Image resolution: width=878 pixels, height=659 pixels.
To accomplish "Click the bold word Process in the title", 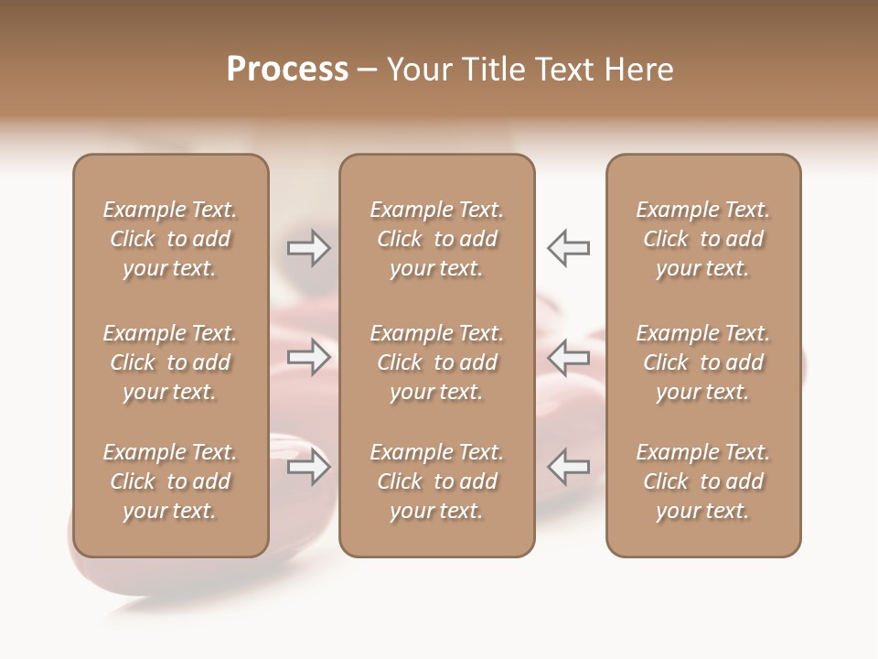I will pos(287,70).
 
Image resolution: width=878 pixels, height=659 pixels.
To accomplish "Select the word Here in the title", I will pos(637,70).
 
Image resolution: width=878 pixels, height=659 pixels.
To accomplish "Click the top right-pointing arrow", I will pos(308,248).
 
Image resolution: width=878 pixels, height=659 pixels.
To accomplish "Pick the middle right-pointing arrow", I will pos(308,357).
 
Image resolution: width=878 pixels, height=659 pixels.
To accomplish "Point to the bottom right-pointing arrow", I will pos(308,467).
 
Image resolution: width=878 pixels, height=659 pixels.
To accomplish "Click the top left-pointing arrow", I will pos(569,248).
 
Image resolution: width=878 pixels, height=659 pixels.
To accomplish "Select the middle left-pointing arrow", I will pos(569,357).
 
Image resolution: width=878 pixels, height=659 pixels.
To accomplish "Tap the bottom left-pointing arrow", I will pos(569,467).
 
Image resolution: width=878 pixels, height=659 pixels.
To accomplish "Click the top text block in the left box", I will pos(170,239).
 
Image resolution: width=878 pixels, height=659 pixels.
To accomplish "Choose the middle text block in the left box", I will pos(170,362).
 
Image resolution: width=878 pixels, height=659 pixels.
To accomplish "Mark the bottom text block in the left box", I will pos(170,481).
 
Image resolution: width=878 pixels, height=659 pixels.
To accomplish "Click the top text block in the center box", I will pos(436,239).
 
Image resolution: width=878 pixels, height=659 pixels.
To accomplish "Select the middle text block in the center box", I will pos(436,362).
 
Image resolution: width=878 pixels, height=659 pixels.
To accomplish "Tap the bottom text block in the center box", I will pos(436,481).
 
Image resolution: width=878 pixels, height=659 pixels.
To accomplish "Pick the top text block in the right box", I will pos(702,239).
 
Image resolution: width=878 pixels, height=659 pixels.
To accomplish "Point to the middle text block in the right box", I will pos(702,362).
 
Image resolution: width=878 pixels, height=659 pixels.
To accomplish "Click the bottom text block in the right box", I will pos(702,481).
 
